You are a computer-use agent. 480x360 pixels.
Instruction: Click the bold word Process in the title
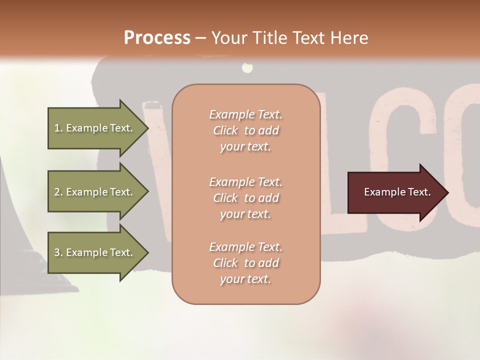pos(157,38)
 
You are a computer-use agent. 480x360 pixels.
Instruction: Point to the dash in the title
pos(201,38)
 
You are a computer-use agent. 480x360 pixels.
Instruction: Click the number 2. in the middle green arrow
pos(58,192)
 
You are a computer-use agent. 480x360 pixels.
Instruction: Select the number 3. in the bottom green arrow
pos(58,252)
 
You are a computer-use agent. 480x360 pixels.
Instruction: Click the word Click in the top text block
pos(225,131)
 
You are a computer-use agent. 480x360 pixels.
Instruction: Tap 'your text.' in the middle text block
pos(245,214)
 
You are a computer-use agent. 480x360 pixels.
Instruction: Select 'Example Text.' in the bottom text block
pos(245,247)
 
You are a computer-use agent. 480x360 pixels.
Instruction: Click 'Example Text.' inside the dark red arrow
pos(397,192)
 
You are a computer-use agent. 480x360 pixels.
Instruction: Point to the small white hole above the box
pos(246,67)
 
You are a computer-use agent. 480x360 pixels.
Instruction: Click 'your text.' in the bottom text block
pos(245,279)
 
